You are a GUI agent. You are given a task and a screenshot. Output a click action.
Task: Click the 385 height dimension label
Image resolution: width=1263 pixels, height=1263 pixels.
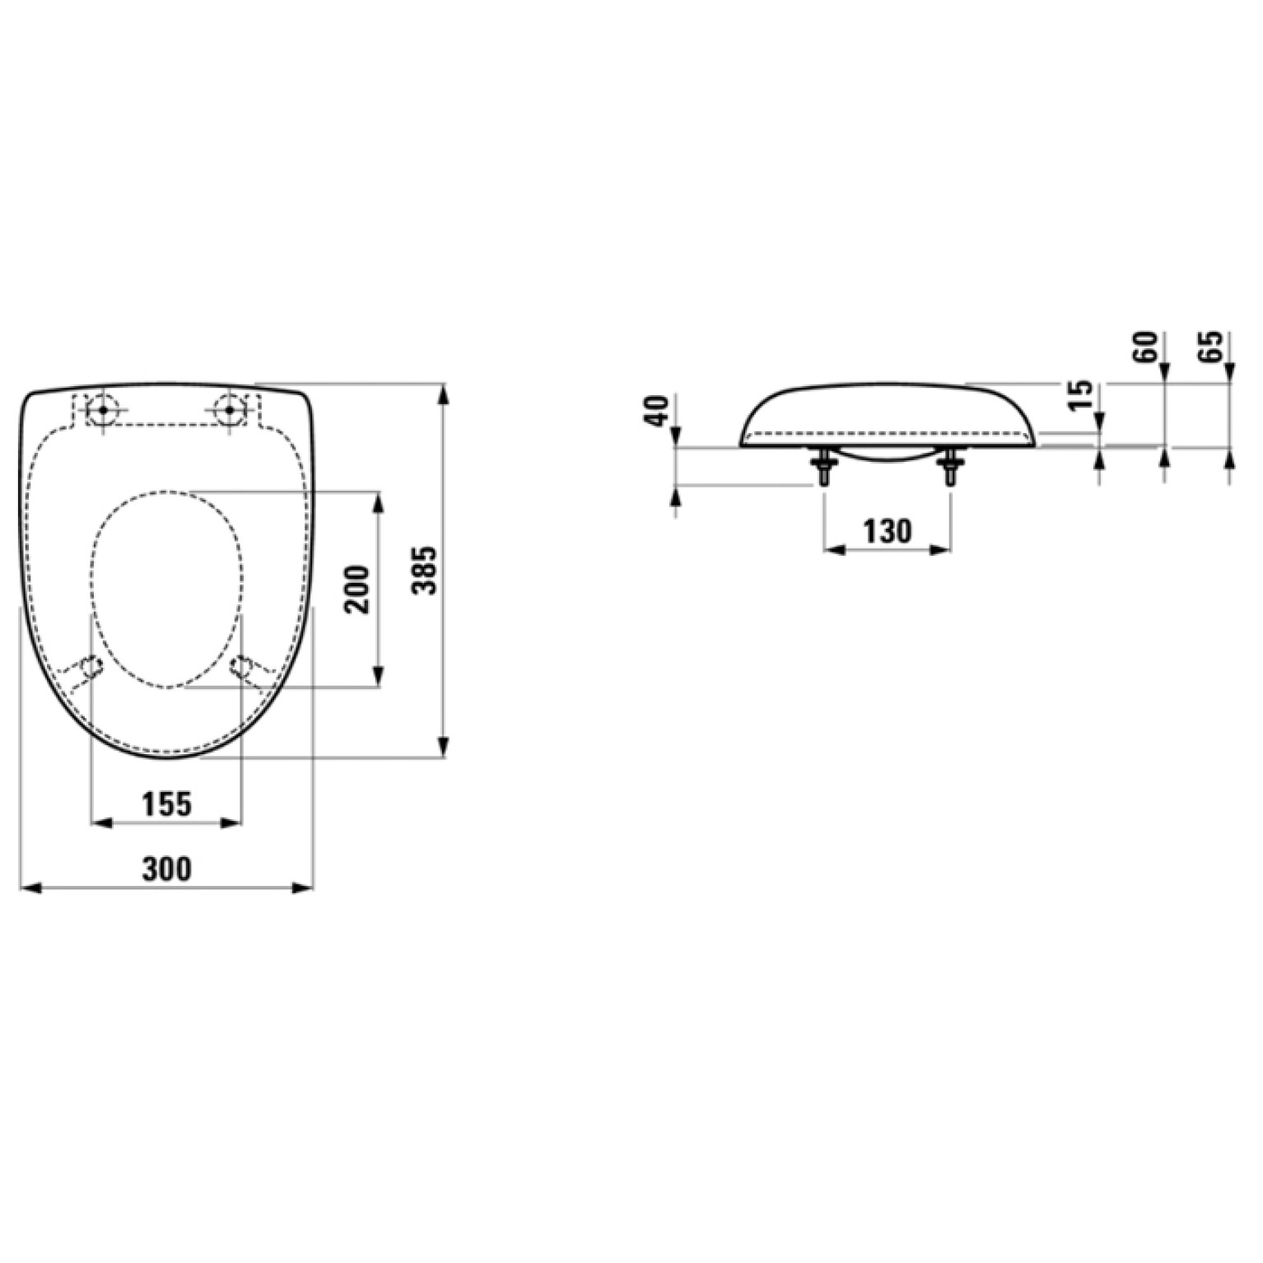click(x=428, y=569)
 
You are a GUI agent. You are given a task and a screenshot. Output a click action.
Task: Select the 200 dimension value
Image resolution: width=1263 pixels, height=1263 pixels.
click(x=358, y=589)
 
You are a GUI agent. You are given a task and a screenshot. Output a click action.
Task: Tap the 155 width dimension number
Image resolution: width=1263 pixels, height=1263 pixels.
click(x=167, y=804)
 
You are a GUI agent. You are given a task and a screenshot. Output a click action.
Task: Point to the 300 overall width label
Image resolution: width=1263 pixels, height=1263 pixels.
click(x=167, y=869)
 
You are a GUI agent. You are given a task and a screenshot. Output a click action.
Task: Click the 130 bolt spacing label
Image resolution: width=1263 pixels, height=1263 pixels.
click(x=888, y=531)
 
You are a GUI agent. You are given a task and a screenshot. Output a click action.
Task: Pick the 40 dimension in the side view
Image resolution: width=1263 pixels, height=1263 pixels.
click(x=657, y=411)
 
